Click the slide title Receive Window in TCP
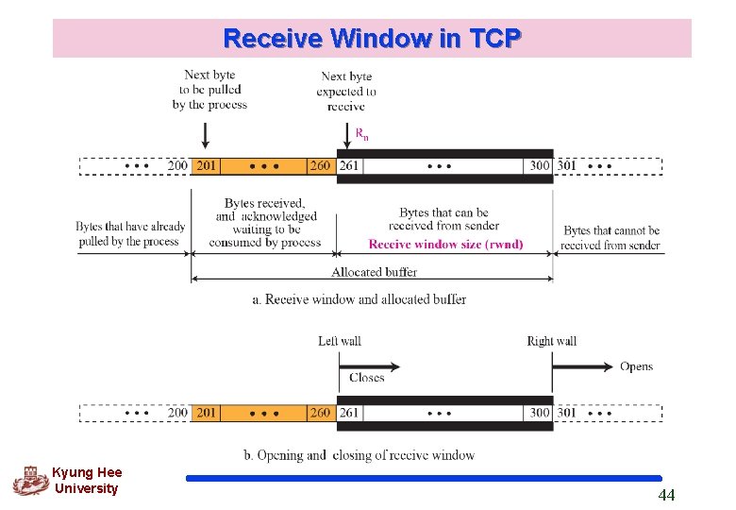(x=372, y=39)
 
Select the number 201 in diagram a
(x=206, y=166)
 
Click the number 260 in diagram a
(x=320, y=166)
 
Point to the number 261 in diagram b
(x=349, y=413)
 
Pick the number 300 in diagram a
(x=539, y=166)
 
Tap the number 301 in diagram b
(x=567, y=413)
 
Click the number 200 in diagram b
(x=177, y=413)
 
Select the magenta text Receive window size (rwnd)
(x=445, y=244)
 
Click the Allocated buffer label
(x=374, y=272)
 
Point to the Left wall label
(x=339, y=341)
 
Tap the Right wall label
(x=552, y=341)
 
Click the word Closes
(x=366, y=378)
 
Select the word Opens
(x=636, y=366)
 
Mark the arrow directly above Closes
(x=370, y=365)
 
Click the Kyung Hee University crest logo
(x=30, y=481)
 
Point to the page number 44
(x=666, y=495)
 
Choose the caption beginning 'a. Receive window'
(x=359, y=299)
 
